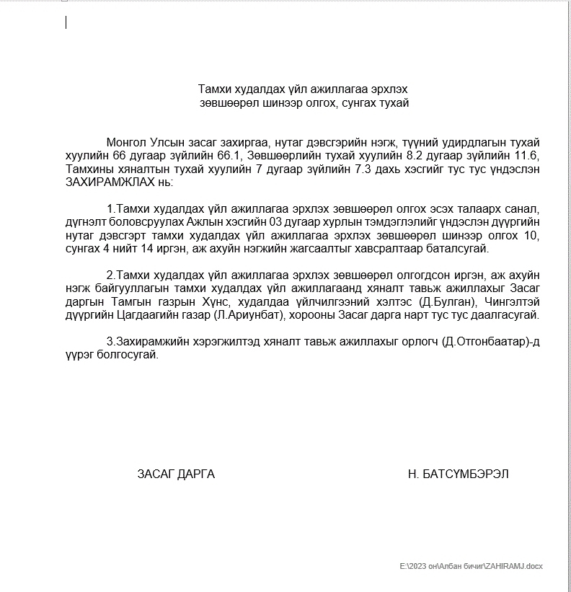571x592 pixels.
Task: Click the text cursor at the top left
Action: point(66,22)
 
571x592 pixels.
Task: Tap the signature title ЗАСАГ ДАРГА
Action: point(176,474)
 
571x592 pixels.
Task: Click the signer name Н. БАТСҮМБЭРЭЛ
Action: point(458,474)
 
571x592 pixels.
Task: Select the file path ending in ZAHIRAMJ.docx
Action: point(471,567)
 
